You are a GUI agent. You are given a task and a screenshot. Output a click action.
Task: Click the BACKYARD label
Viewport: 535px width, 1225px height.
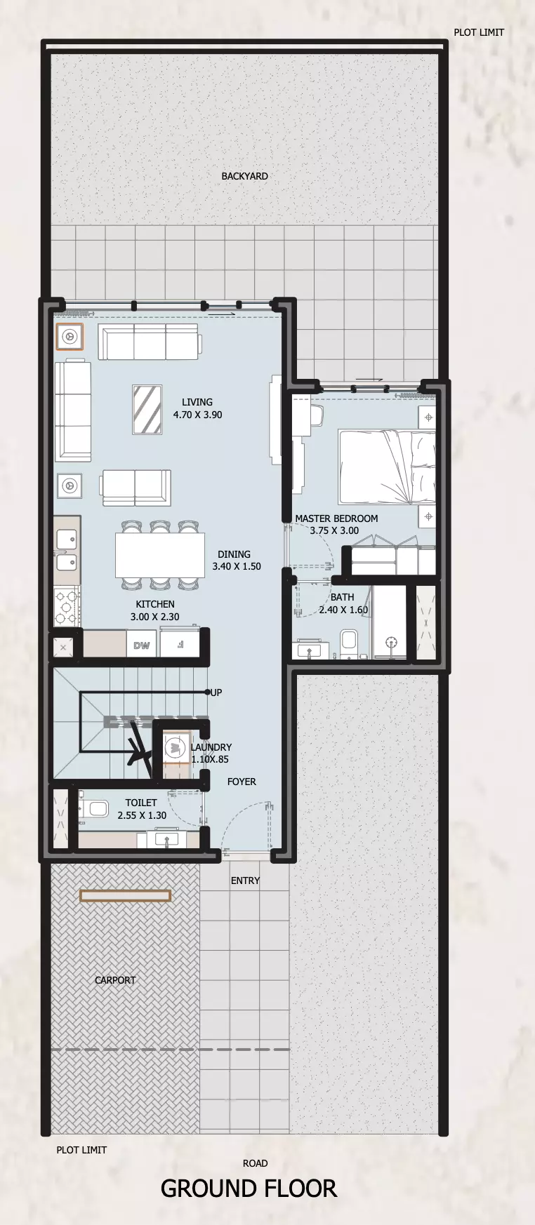coord(244,176)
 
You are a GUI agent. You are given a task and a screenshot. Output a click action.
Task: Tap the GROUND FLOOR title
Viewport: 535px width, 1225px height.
coord(249,1189)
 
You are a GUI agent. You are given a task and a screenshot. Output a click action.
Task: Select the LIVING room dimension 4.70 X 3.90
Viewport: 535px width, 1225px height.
coord(197,415)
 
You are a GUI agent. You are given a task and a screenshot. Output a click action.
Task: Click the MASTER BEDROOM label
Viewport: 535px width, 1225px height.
coord(336,518)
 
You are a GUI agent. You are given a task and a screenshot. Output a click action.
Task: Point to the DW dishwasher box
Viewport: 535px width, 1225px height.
coord(142,645)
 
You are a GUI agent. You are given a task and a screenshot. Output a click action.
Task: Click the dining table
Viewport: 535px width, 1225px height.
coord(160,554)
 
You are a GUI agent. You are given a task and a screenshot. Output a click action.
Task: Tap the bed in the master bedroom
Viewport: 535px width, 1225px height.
coord(387,467)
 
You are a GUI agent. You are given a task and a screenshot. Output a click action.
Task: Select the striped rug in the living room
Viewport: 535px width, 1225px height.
coord(147,410)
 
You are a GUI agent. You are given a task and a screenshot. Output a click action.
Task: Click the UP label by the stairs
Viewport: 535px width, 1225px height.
coord(216,692)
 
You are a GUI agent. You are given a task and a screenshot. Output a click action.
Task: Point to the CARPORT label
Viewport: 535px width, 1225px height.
coord(115,980)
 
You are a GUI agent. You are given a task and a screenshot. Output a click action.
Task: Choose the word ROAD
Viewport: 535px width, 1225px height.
coord(255,1163)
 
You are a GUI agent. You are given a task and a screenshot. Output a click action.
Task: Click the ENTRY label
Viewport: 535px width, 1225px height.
coord(245,881)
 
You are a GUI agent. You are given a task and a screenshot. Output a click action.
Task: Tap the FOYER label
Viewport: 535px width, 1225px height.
coord(242,782)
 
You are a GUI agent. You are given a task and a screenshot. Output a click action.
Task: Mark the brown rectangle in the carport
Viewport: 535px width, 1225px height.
coord(125,895)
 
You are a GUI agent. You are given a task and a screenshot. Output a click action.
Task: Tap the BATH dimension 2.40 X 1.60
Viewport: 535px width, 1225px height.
coord(343,610)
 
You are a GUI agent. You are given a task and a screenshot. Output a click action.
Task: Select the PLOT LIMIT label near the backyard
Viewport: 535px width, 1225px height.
coord(479,32)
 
